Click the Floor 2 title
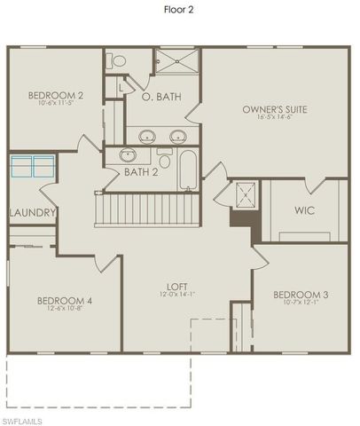pyautogui.click(x=180, y=11)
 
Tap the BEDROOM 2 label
pyautogui.click(x=43, y=96)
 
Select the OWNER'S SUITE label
pyautogui.click(x=274, y=110)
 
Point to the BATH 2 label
pyautogui.click(x=140, y=171)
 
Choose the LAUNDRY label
pyautogui.click(x=33, y=213)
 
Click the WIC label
pyautogui.click(x=304, y=211)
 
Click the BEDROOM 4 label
pyautogui.click(x=64, y=301)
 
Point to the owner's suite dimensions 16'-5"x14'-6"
pyautogui.click(x=274, y=118)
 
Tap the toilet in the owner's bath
pyautogui.click(x=117, y=60)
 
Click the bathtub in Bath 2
pyautogui.click(x=188, y=170)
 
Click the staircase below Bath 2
pyautogui.click(x=147, y=210)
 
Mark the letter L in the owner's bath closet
pyautogui.click(x=120, y=87)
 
